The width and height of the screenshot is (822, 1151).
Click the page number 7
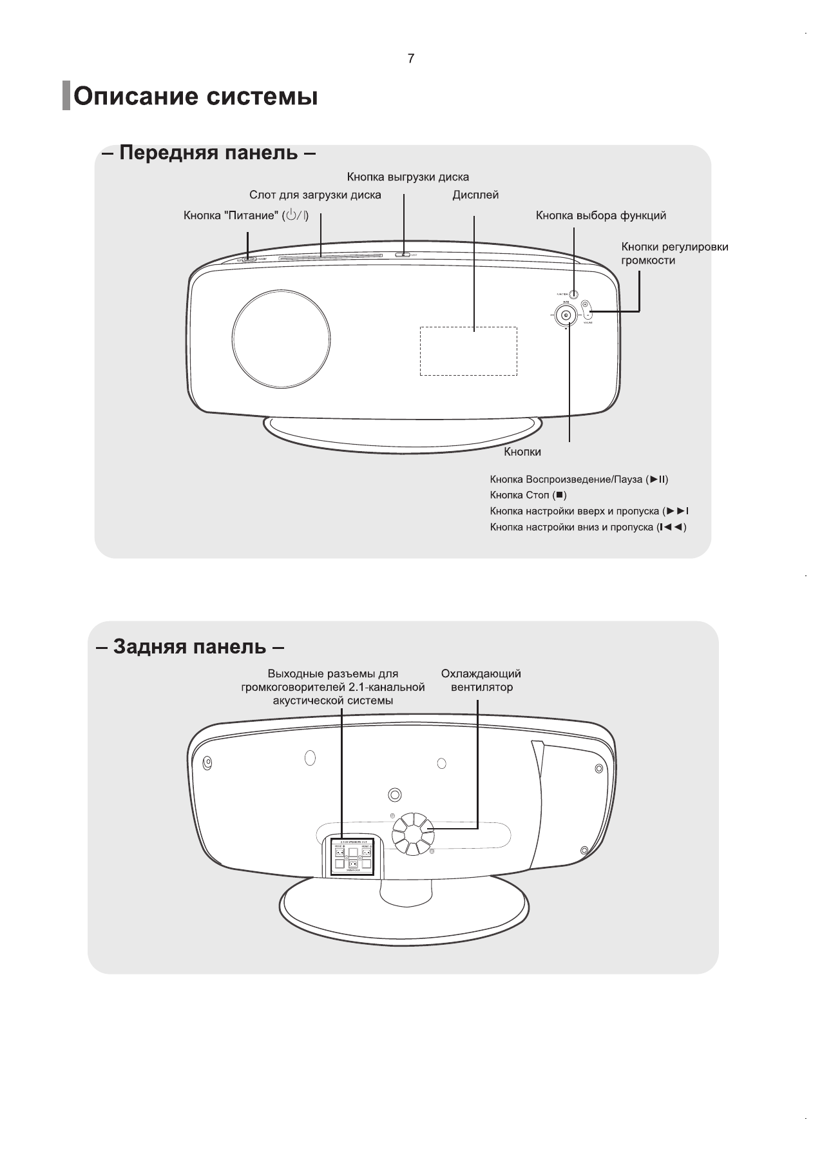pos(411,59)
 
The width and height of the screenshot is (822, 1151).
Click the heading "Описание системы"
pos(195,97)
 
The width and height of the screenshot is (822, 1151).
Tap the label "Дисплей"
pos(475,195)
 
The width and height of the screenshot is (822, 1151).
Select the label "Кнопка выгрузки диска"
pos(408,177)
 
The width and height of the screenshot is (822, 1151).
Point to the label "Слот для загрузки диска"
pos(315,195)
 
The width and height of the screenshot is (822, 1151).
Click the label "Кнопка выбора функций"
pos(600,215)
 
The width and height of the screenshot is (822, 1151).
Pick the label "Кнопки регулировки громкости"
pos(674,253)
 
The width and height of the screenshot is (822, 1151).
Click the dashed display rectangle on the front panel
pos(468,351)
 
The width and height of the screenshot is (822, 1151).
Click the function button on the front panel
pos(573,294)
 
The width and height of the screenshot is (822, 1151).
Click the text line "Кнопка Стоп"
pos(528,495)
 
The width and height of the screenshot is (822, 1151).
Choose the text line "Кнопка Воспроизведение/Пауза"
pos(578,479)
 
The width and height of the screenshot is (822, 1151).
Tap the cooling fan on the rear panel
pos(413,834)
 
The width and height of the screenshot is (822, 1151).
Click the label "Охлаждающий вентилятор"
pos(481,681)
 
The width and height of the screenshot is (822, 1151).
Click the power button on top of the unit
pos(249,259)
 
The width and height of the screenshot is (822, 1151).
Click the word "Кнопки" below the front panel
pos(522,452)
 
